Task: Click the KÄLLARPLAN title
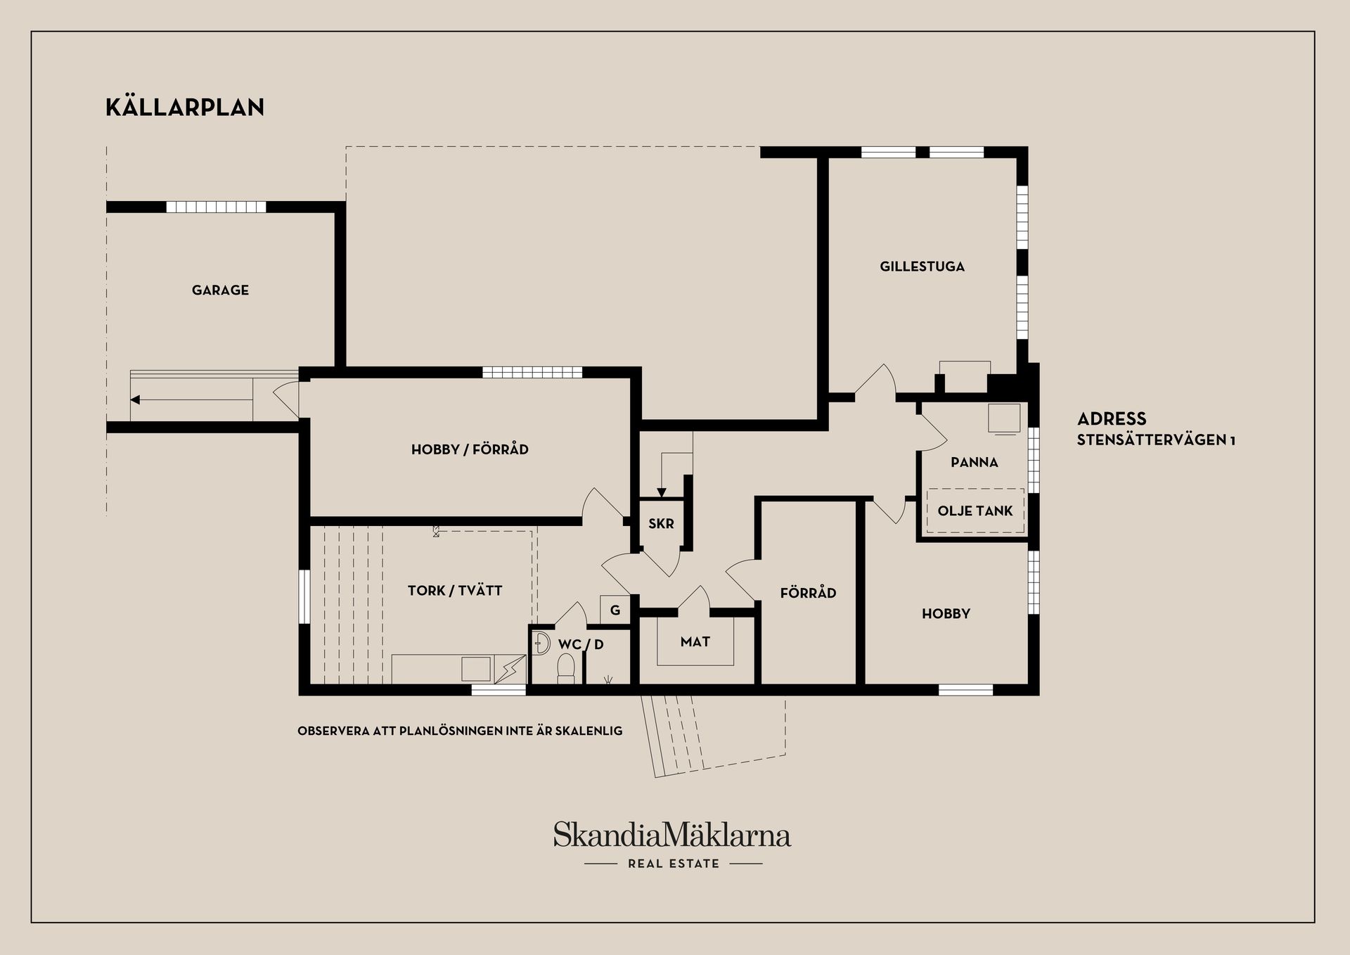[x=185, y=108]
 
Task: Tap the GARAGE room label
[x=220, y=290]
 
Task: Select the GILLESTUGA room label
[x=922, y=267]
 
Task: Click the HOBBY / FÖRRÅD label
[x=470, y=449]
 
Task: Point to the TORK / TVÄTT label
[x=455, y=591]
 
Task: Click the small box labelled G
[x=615, y=610]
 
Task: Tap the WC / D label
[x=581, y=644]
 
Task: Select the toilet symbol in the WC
[x=566, y=667]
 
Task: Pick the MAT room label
[x=695, y=641]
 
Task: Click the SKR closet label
[x=661, y=524]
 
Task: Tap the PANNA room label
[x=974, y=462]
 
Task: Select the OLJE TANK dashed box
[x=975, y=511]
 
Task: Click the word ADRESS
[x=1112, y=419]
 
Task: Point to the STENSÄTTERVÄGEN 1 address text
[x=1156, y=441]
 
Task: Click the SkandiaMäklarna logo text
[x=671, y=835]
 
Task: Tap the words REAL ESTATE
[x=674, y=864]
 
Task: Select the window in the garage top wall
[x=217, y=207]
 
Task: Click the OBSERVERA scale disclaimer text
[x=460, y=731]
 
